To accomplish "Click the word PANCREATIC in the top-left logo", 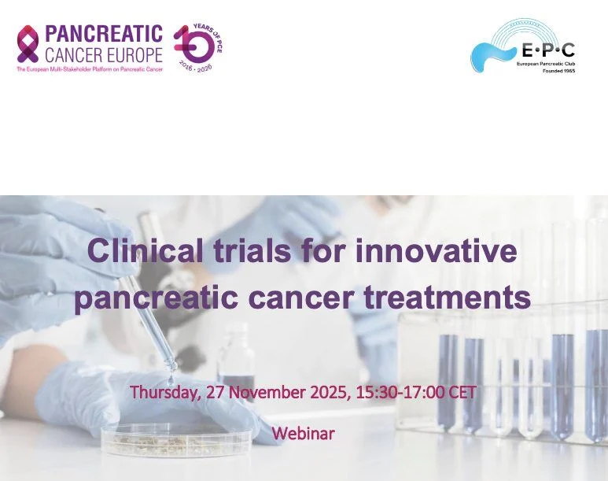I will (x=103, y=34).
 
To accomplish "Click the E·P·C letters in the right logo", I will (x=547, y=51).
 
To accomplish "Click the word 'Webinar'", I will (x=303, y=433).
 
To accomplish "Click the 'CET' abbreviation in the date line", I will (x=462, y=391).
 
